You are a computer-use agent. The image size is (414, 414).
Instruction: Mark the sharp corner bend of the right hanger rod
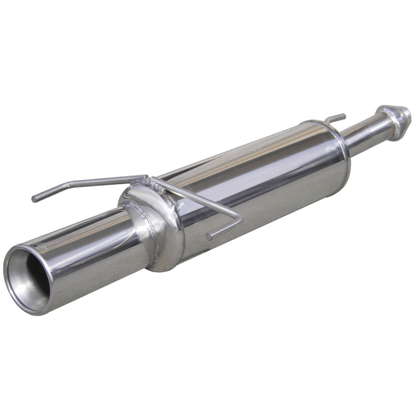(240, 218)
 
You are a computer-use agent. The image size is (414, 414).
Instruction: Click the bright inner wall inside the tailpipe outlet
(21, 279)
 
